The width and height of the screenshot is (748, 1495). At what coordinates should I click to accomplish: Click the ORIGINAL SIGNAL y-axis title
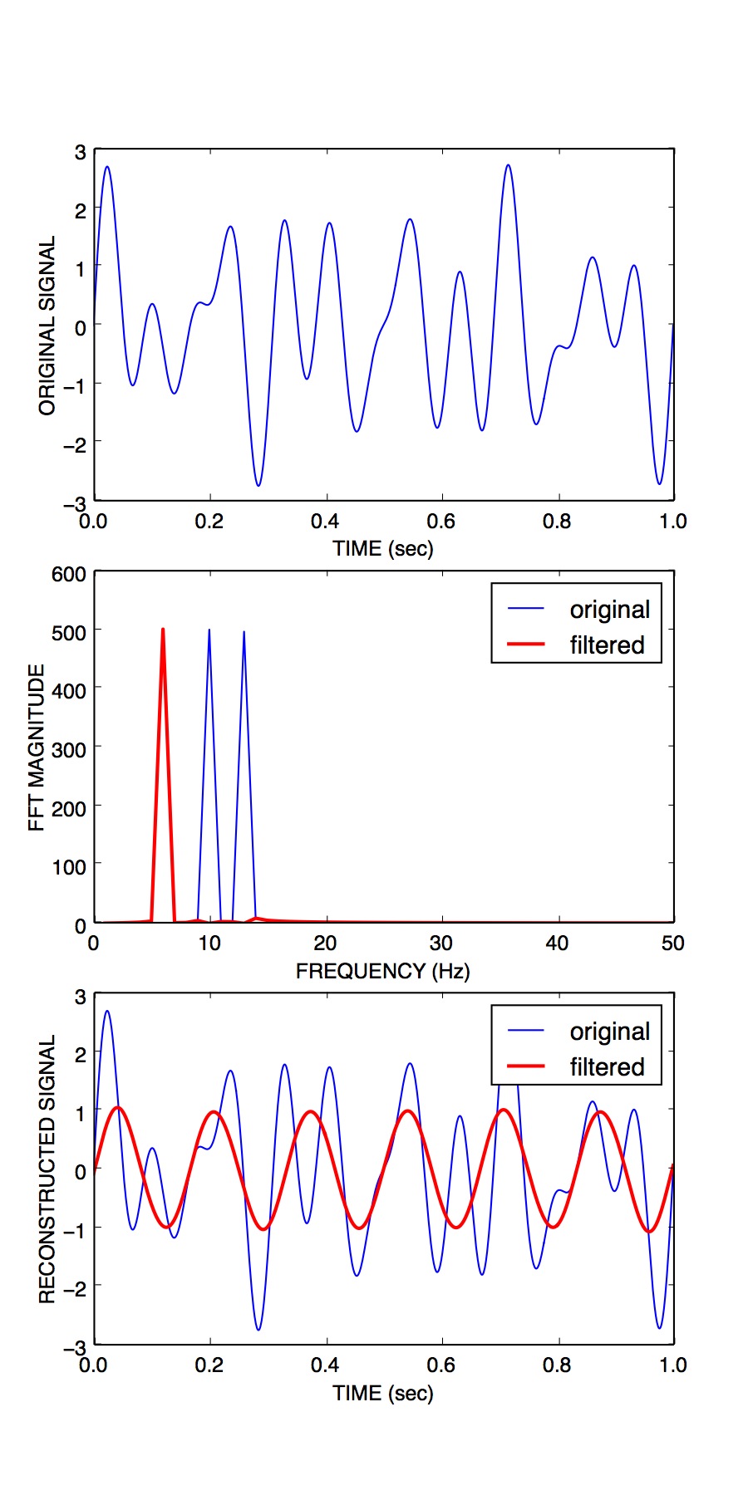[47, 325]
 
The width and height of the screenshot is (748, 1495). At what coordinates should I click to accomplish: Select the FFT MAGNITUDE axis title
[36, 747]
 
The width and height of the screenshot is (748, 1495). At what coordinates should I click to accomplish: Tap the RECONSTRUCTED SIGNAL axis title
[47, 1169]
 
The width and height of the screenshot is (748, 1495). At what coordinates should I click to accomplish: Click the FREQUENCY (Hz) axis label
[382, 971]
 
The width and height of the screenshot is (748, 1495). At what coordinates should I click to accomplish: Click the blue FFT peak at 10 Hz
[209, 630]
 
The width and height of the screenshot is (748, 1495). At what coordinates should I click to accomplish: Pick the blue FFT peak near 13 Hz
[244, 632]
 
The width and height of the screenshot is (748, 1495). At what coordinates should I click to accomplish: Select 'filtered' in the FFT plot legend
[607, 645]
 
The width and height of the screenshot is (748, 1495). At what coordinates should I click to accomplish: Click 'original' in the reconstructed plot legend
[609, 1032]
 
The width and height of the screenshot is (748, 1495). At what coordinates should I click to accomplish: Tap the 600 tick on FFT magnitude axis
[68, 575]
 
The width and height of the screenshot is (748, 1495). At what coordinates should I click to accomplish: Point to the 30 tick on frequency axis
[440, 944]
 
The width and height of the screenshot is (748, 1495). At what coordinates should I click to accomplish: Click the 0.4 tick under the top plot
[325, 522]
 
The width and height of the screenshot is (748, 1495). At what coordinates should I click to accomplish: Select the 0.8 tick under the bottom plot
[557, 1365]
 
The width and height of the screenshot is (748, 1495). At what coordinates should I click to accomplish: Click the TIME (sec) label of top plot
[382, 548]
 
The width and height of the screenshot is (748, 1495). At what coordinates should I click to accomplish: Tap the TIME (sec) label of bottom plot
[382, 1393]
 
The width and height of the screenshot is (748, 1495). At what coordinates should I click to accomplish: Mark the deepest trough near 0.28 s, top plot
[258, 485]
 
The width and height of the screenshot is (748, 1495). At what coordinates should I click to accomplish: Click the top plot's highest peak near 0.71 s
[508, 165]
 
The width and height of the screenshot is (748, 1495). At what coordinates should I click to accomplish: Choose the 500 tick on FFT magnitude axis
[68, 633]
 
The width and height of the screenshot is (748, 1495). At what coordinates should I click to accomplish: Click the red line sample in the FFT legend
[525, 645]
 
